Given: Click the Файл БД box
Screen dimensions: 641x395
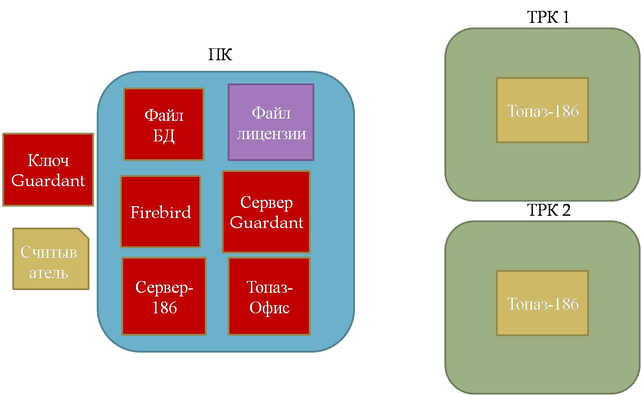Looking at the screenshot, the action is click(x=164, y=125).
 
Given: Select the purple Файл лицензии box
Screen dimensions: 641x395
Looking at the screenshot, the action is click(x=271, y=122).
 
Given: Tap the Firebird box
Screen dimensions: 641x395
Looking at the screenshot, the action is click(x=161, y=212).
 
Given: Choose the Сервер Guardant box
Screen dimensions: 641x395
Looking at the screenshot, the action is click(x=266, y=212).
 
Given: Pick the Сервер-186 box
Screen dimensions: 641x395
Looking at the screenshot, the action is click(x=164, y=296).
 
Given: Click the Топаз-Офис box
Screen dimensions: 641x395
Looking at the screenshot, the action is click(x=269, y=296).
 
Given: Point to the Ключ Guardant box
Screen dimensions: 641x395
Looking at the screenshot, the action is click(x=48, y=170).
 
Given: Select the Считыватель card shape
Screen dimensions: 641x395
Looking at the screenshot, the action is click(x=51, y=259).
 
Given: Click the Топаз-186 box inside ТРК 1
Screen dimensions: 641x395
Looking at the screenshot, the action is click(x=542, y=110).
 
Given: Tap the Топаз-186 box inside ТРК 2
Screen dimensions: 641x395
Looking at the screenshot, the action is click(x=542, y=303).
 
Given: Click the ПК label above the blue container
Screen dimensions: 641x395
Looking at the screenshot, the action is click(x=220, y=54).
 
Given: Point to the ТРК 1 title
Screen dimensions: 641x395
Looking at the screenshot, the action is click(x=548, y=17).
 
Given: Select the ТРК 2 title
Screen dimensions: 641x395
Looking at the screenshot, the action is click(x=548, y=210).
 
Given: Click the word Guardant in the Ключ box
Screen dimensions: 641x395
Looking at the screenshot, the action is click(x=48, y=181).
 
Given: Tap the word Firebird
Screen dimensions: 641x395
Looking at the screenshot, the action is click(x=161, y=212).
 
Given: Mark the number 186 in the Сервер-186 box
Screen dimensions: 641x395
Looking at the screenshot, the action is click(x=165, y=307).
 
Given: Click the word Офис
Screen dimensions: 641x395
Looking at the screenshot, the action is click(x=269, y=308).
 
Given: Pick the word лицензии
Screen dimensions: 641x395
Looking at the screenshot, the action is click(x=271, y=134).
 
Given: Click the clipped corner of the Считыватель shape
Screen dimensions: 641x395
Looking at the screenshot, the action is click(x=83, y=233).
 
